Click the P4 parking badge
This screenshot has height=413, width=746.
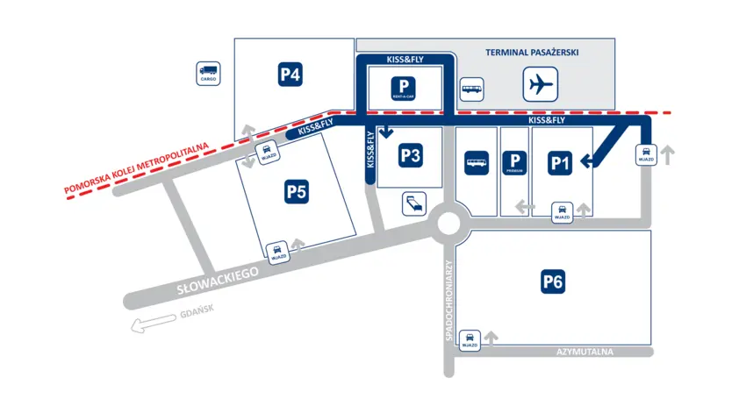pyautogui.click(x=291, y=75)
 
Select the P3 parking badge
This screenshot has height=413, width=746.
pyautogui.click(x=412, y=155)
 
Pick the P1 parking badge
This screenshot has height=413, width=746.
pyautogui.click(x=561, y=162)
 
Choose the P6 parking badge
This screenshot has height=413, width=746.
pyautogui.click(x=552, y=281)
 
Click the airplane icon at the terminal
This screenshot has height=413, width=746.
pyautogui.click(x=541, y=85)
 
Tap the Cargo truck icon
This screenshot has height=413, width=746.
pyautogui.click(x=208, y=73)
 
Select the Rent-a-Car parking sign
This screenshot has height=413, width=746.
pyautogui.click(x=404, y=88)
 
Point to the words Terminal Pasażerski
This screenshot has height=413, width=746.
pyautogui.click(x=533, y=53)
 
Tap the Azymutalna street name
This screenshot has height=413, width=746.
pyautogui.click(x=584, y=352)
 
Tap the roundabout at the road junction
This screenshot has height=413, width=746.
pyautogui.click(x=448, y=224)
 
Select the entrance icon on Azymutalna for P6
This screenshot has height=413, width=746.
pyautogui.click(x=470, y=338)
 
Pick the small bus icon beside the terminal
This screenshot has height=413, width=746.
pyautogui.click(x=472, y=88)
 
